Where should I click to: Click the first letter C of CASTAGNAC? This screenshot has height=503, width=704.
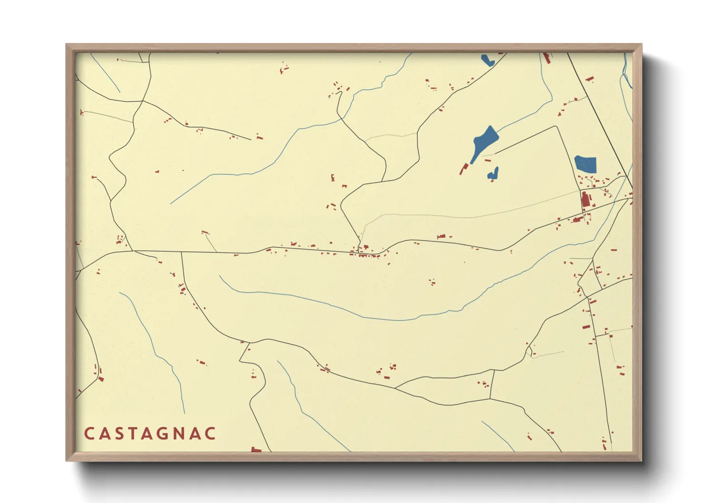(x=88, y=434)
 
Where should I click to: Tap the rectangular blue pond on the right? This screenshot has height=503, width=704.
(x=585, y=164)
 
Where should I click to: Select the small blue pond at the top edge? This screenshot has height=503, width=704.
(x=487, y=60)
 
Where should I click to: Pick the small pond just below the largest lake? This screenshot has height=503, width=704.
(x=493, y=174)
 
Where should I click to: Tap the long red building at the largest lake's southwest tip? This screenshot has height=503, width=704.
(x=463, y=169)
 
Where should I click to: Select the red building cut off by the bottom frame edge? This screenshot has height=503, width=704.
(x=256, y=449)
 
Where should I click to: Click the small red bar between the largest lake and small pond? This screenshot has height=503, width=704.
(x=488, y=161)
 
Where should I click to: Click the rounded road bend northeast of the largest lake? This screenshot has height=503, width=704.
(x=555, y=127)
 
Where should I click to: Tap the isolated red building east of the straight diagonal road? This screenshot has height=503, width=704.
(x=589, y=79)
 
